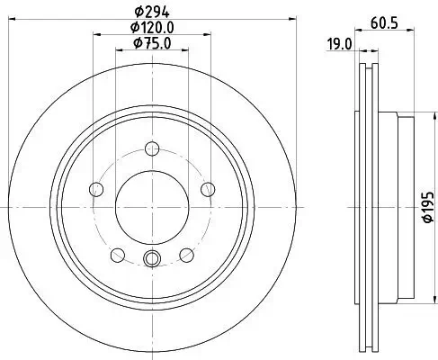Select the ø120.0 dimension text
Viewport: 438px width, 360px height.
click(x=151, y=27)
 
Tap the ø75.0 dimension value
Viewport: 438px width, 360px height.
click(x=151, y=43)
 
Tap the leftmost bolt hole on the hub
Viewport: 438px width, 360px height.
click(x=95, y=188)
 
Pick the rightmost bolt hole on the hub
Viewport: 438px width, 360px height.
click(x=208, y=188)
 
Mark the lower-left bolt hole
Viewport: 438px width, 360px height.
click(x=117, y=253)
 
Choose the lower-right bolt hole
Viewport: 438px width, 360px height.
click(x=186, y=253)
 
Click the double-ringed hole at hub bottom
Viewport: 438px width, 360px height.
click(x=151, y=259)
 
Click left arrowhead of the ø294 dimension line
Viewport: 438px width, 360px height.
click(x=19, y=19)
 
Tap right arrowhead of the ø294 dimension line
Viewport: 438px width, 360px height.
click(x=283, y=19)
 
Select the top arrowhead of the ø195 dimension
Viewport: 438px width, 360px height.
click(x=415, y=115)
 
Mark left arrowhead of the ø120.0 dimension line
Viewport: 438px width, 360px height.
click(x=95, y=35)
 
